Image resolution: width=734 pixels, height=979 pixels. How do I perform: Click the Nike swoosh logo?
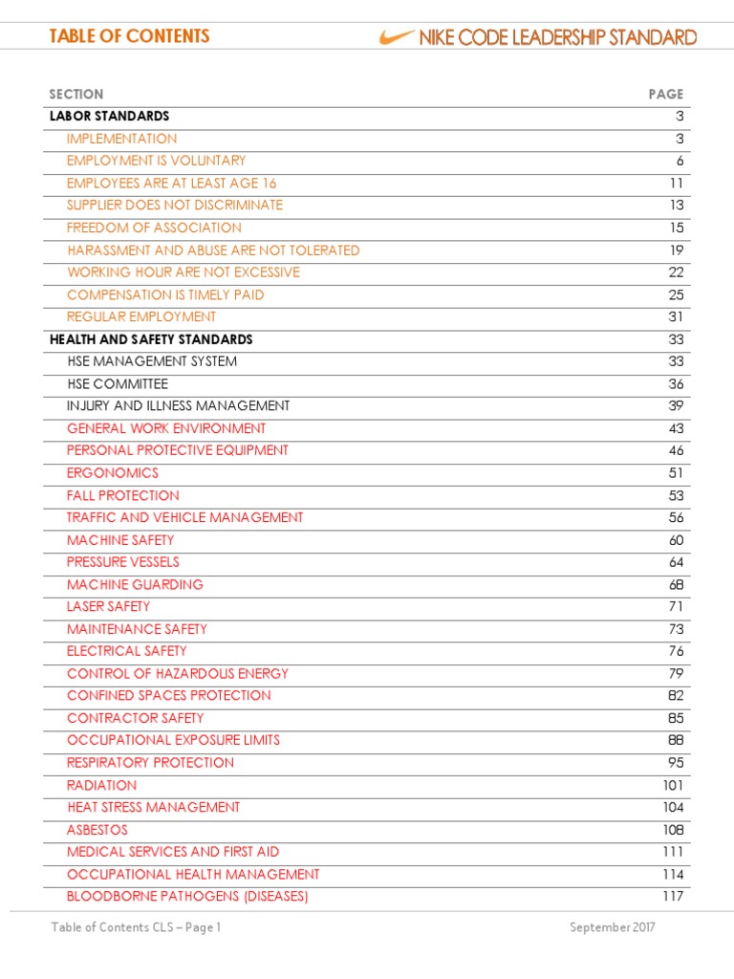(x=394, y=37)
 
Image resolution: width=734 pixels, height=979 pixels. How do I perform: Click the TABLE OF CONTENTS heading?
(x=129, y=36)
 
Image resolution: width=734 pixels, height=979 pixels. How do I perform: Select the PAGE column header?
(x=665, y=94)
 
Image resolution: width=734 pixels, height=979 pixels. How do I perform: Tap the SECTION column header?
(x=76, y=94)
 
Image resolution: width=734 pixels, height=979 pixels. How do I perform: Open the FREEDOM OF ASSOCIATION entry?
(x=154, y=228)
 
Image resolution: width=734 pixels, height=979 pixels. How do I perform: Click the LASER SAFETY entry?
(x=108, y=606)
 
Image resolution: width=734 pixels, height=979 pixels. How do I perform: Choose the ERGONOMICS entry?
(x=113, y=472)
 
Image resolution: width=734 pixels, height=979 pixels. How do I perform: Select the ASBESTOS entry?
(x=97, y=830)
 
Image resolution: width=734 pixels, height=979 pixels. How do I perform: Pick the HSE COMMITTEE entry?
(x=118, y=383)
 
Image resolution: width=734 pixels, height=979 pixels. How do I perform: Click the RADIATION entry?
(x=101, y=785)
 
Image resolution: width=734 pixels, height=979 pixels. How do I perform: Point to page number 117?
(x=672, y=896)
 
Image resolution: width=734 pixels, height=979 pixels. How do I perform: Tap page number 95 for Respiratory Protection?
(x=676, y=762)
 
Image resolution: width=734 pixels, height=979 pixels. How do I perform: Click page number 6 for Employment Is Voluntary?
(x=680, y=161)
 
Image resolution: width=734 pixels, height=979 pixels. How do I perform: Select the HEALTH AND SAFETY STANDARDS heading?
(x=151, y=339)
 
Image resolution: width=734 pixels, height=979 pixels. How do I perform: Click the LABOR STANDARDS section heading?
(x=110, y=116)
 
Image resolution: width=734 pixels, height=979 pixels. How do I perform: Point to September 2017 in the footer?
(x=613, y=927)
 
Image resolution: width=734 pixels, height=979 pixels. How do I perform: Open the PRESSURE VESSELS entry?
(x=122, y=562)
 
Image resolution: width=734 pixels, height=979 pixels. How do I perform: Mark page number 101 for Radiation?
(x=672, y=785)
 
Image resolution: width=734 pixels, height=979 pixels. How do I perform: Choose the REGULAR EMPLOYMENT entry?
(x=141, y=316)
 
